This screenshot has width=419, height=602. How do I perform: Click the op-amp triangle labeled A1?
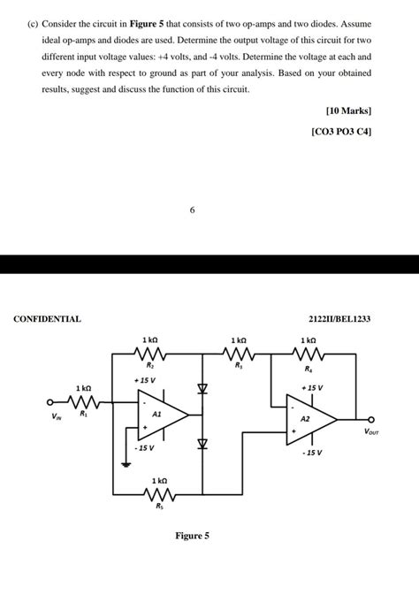tap(162, 414)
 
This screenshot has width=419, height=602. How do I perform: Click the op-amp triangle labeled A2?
tap(310, 420)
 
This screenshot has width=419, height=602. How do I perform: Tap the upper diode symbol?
tap(202, 388)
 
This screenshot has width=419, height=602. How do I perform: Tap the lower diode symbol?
tap(202, 444)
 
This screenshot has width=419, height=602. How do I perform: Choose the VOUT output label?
tap(375, 432)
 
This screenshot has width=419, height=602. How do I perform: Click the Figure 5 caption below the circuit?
tap(192, 536)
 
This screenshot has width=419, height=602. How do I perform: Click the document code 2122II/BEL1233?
tap(340, 318)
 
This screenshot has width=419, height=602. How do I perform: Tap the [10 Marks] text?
tap(348, 111)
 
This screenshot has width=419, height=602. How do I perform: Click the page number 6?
tap(192, 210)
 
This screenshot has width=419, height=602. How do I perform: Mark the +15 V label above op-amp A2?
tap(312, 387)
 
